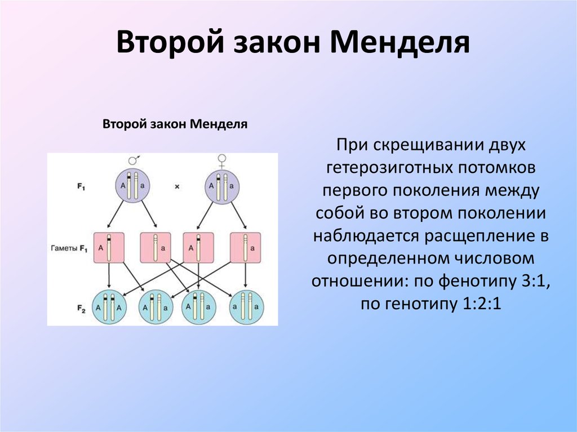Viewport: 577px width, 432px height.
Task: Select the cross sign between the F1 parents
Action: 176,185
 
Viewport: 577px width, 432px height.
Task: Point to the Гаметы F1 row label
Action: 70,247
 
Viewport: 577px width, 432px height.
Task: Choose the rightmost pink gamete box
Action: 246,247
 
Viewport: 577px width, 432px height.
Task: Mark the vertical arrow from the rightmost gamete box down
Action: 246,276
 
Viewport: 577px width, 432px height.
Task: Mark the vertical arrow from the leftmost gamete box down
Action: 108,276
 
